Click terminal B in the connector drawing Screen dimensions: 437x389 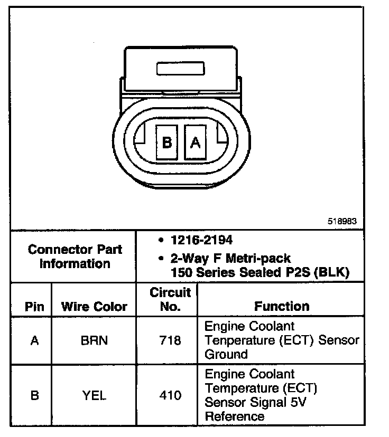point(168,142)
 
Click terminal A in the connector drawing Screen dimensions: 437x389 point(195,142)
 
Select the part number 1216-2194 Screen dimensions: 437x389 point(201,240)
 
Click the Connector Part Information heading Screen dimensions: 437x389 point(75,256)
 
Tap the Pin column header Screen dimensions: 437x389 point(34,307)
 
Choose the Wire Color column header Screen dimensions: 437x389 point(94,307)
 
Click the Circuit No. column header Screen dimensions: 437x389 point(170,299)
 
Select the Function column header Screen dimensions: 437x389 point(282,306)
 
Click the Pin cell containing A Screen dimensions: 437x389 point(34,340)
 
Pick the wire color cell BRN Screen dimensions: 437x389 point(94,340)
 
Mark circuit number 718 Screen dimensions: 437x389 point(170,340)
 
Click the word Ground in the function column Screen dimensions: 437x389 point(226,354)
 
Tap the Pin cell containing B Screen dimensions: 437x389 point(34,395)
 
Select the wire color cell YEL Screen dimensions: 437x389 point(94,395)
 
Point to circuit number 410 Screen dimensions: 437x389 point(170,395)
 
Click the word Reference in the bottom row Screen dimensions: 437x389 point(235,416)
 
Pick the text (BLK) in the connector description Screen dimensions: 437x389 point(332,273)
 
